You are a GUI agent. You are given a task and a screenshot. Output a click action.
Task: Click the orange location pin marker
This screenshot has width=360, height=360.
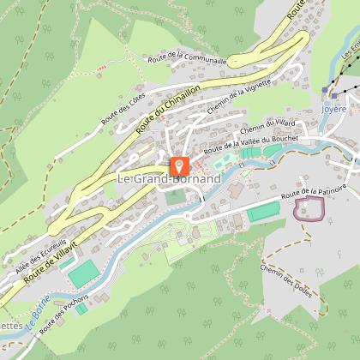(179, 165)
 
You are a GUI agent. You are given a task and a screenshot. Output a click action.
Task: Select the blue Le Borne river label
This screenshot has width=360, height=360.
(34, 316)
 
